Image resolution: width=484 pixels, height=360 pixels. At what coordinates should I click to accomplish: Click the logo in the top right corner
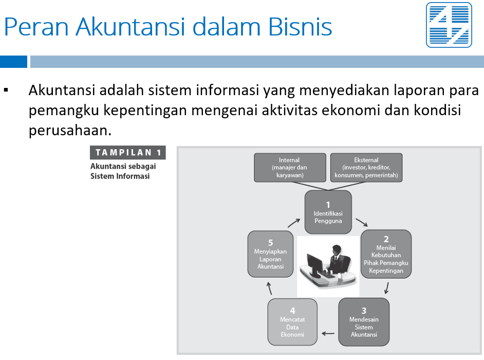tap(449, 25)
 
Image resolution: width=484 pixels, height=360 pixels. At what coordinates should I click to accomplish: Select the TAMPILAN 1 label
tap(128, 152)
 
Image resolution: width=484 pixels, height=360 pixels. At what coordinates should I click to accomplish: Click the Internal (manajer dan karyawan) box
tap(290, 168)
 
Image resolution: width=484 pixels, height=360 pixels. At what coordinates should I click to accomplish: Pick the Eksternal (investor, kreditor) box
tap(366, 168)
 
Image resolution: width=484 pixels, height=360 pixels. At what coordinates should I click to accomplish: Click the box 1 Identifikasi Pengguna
tap(328, 212)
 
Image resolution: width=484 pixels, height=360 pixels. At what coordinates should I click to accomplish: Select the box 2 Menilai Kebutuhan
tap(386, 254)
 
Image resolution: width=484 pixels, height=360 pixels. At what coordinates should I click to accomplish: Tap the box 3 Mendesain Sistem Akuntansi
tap(364, 322)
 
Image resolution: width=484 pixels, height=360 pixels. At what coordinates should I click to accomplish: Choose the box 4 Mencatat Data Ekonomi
tap(292, 322)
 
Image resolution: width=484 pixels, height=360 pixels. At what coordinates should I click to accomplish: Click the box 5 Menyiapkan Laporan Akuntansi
tap(270, 254)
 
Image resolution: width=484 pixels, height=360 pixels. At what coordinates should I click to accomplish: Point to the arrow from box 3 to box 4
tap(328, 333)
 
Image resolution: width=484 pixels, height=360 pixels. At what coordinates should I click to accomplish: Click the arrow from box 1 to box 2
tap(362, 223)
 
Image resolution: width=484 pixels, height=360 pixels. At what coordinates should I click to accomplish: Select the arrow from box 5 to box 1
tap(294, 223)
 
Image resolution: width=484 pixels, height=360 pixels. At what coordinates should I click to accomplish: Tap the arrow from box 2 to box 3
tap(386, 288)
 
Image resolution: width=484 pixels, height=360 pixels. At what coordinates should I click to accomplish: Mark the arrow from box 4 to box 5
tap(269, 288)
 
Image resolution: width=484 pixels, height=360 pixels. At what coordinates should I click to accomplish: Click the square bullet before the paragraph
tap(6, 90)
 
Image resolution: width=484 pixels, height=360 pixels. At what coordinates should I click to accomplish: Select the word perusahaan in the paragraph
tap(70, 130)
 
